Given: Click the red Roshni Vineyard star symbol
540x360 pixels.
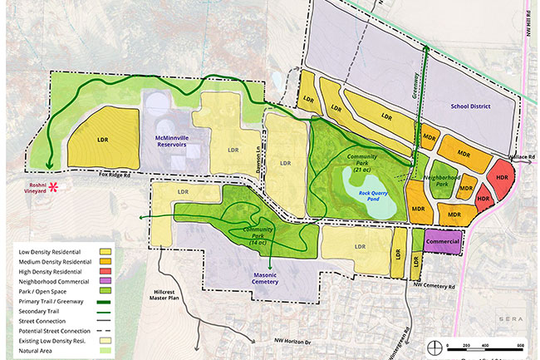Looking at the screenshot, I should pos(56,187).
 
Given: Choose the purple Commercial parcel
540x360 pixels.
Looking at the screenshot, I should pos(442,242).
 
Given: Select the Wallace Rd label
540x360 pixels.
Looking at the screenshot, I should pos(521,156).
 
